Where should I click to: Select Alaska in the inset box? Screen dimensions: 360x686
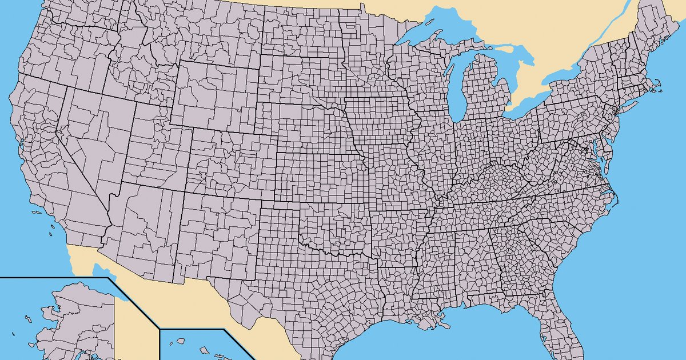coord(74,320)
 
